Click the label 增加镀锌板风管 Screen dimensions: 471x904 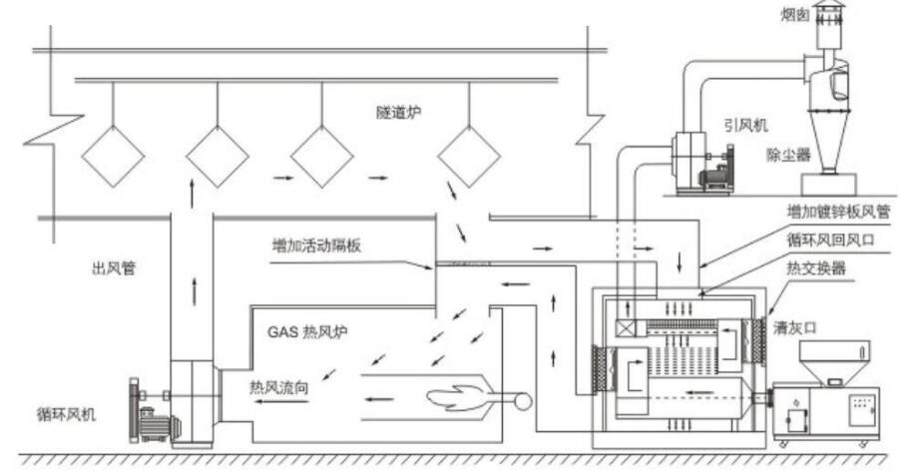click(x=836, y=212)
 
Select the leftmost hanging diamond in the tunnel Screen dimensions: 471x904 click(x=113, y=157)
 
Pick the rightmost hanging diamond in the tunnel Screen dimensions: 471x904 click(x=468, y=157)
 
